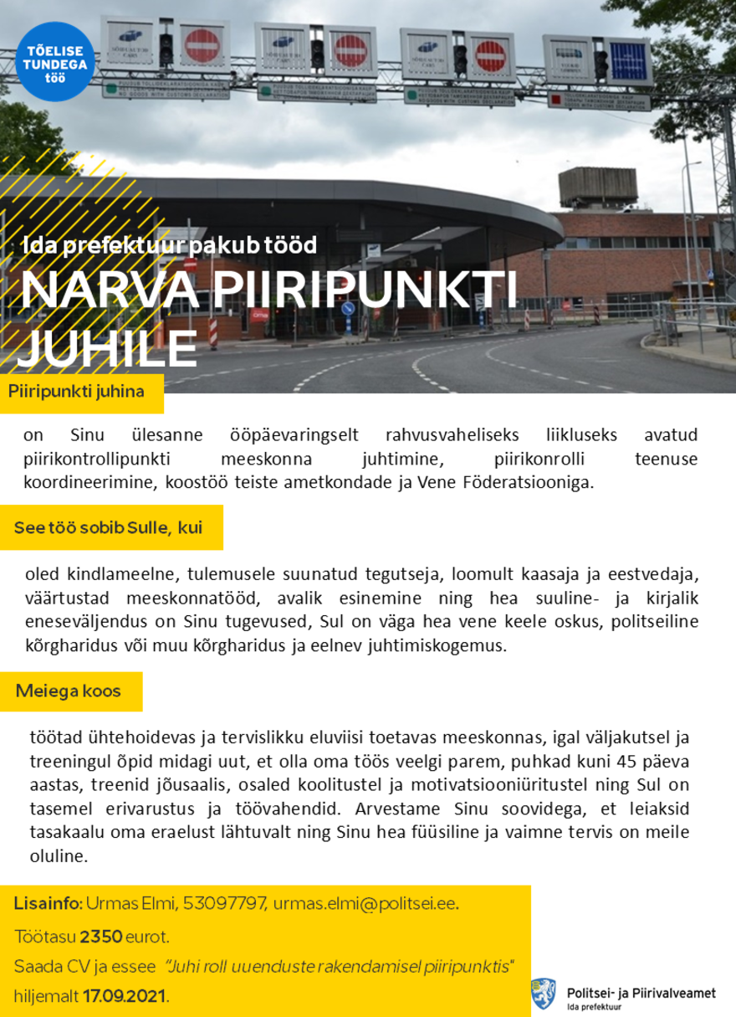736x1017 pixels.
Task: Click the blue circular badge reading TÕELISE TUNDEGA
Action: pyautogui.click(x=54, y=68)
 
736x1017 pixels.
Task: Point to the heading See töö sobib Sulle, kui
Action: pyautogui.click(x=108, y=527)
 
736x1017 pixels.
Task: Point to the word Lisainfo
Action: pyautogui.click(x=47, y=904)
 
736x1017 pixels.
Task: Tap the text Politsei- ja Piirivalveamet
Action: pyautogui.click(x=641, y=991)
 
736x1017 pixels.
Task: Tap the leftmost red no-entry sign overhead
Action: pyautogui.click(x=201, y=45)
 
